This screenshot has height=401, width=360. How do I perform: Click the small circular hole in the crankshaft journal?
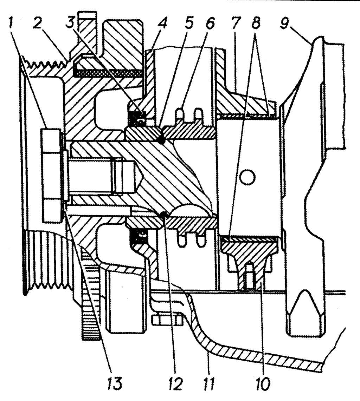pos(247,177)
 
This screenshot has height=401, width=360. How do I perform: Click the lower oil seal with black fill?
pos(139,236)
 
